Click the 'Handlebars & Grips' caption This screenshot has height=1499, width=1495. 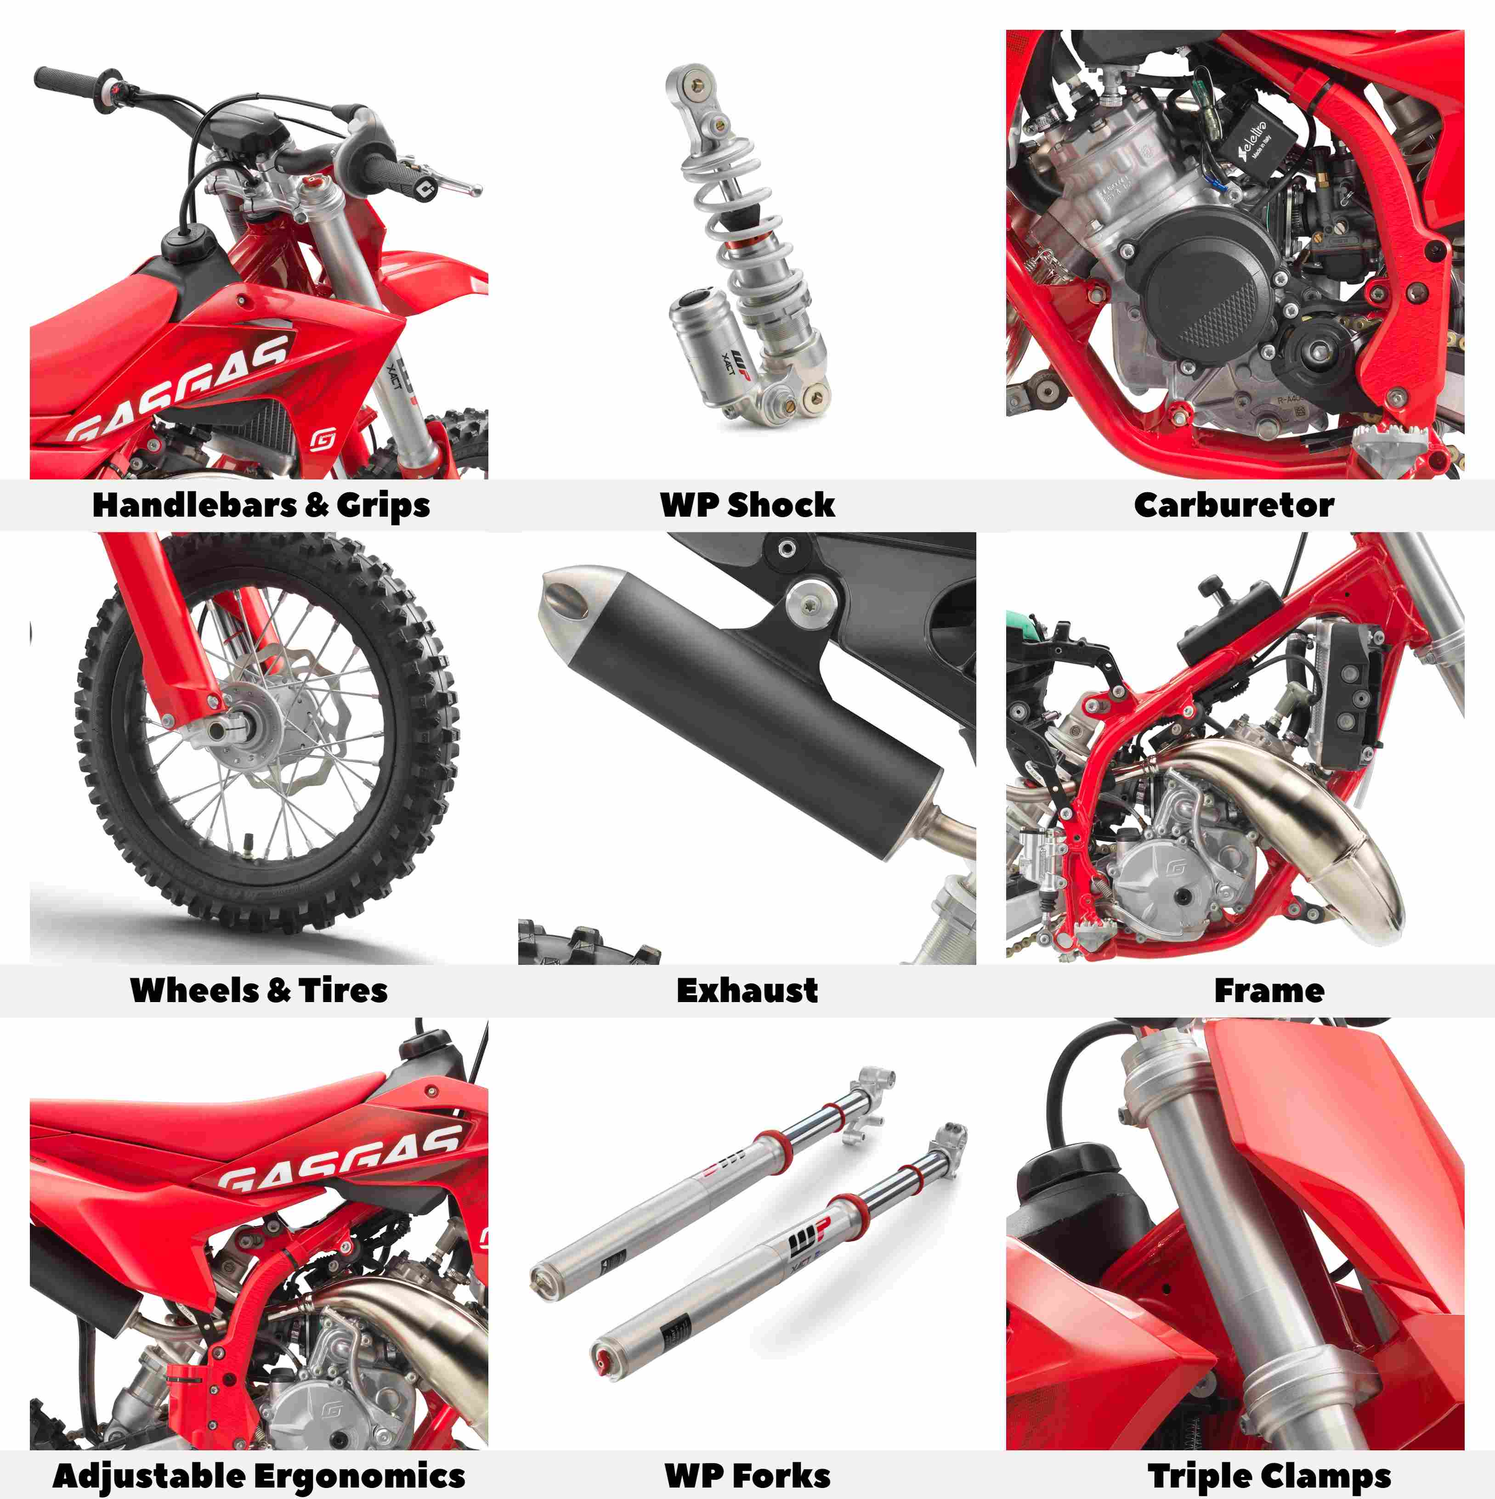pyautogui.click(x=261, y=505)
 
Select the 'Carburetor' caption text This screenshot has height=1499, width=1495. pyautogui.click(x=1234, y=505)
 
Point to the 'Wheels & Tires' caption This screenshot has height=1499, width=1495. pyautogui.click(x=259, y=991)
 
